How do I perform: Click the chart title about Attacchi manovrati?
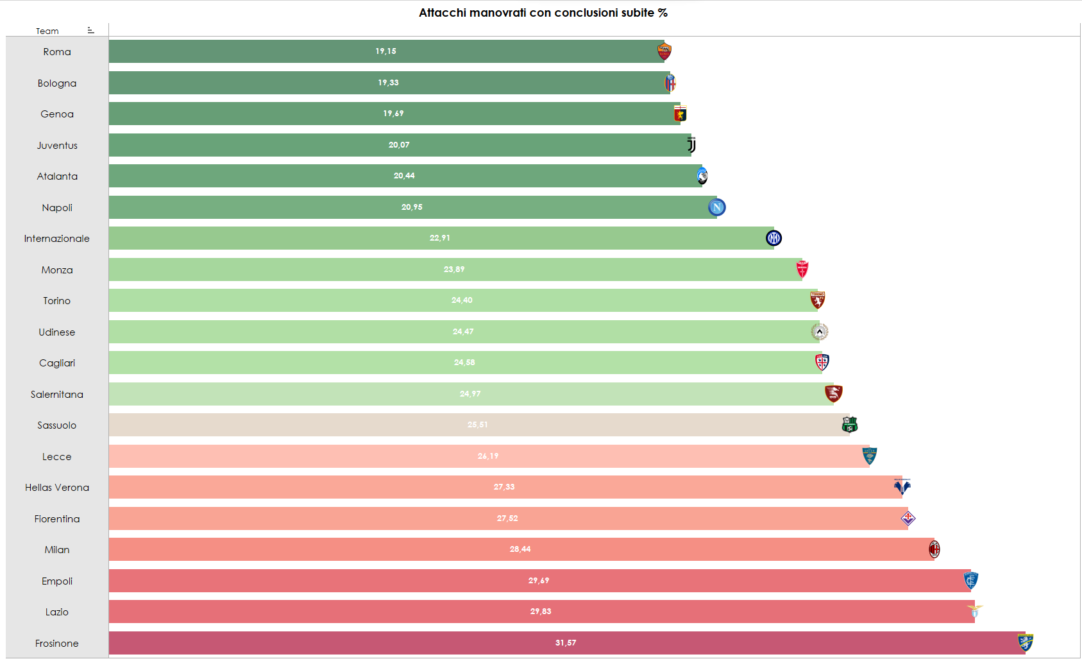(x=543, y=13)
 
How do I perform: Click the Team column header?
(x=47, y=31)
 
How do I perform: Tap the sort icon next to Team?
(x=90, y=30)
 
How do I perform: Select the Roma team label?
(x=57, y=52)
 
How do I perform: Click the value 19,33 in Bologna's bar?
(x=388, y=83)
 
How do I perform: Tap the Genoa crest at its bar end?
(x=680, y=114)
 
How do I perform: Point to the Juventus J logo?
(x=691, y=145)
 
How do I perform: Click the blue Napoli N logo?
(x=716, y=207)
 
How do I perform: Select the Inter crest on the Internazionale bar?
(x=773, y=238)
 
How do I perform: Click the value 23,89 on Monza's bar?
(x=454, y=270)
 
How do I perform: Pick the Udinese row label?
(x=57, y=332)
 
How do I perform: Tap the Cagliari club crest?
(x=822, y=363)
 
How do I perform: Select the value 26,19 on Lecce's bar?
(x=488, y=456)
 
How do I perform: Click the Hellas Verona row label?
(x=57, y=488)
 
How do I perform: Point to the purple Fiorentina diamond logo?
(x=908, y=518)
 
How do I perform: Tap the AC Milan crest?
(x=934, y=549)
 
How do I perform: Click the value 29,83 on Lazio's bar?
(x=541, y=612)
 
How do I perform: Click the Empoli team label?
(x=57, y=581)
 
